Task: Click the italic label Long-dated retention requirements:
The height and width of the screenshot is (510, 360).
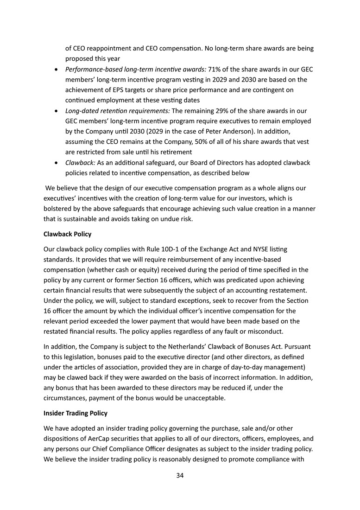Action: [x=118, y=111]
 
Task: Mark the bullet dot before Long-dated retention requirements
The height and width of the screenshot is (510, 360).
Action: [x=56, y=112]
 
